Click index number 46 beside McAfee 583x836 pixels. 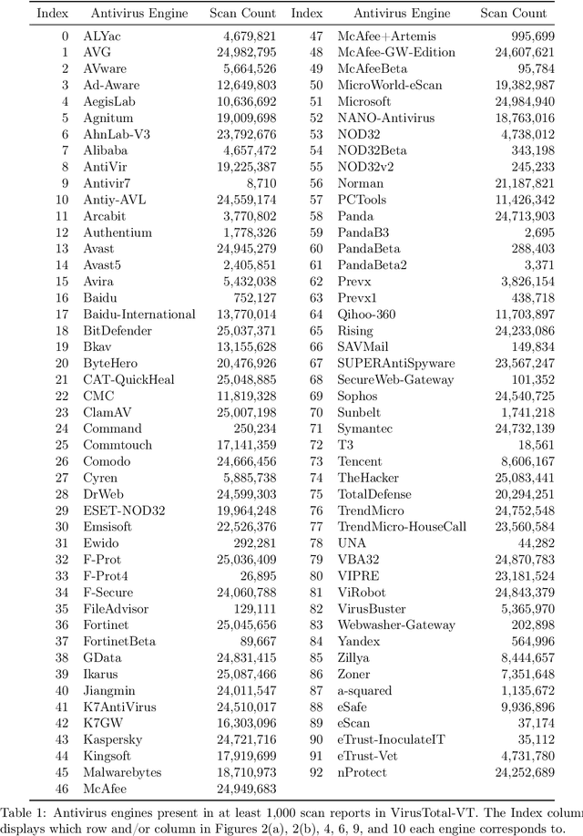(62, 789)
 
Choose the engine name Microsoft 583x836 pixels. (364, 101)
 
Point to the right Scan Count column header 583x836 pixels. (518, 14)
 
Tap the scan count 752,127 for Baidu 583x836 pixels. (251, 298)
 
